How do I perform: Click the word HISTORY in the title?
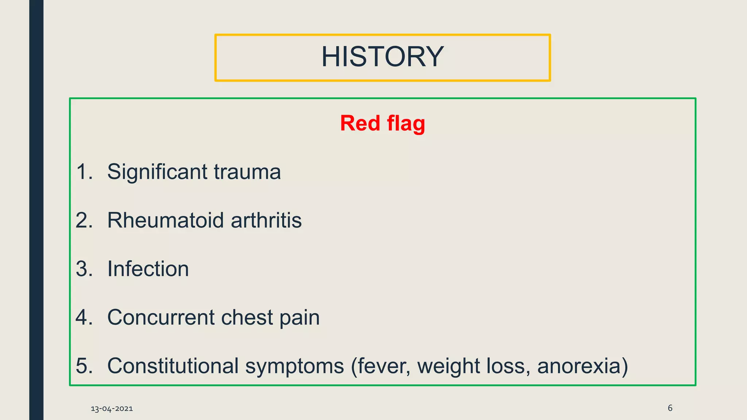pyautogui.click(x=382, y=57)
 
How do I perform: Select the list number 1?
pyautogui.click(x=84, y=172)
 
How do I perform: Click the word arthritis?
pyautogui.click(x=266, y=221)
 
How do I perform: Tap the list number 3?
pyautogui.click(x=84, y=269)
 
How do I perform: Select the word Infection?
pyautogui.click(x=148, y=269)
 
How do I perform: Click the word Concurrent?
pyautogui.click(x=161, y=318)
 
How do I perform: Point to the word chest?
pyautogui.click(x=247, y=318)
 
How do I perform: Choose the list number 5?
pyautogui.click(x=84, y=366)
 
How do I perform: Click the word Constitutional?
pyautogui.click(x=173, y=366)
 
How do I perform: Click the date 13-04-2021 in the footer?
pyautogui.click(x=112, y=409)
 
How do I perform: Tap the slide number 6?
pyautogui.click(x=670, y=408)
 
